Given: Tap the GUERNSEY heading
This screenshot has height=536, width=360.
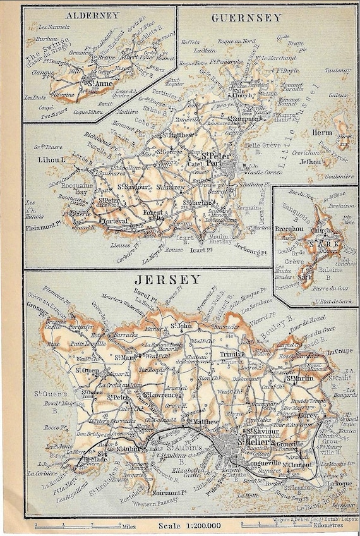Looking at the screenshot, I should point(246,18).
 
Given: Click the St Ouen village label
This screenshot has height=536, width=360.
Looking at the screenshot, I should point(86,370).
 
